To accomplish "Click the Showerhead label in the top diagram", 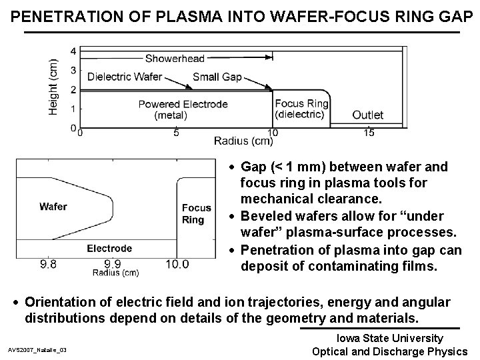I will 175,59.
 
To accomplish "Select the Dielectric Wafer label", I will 125,77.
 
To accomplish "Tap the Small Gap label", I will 217,77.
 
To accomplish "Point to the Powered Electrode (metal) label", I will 183,109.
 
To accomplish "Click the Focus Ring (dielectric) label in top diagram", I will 301,109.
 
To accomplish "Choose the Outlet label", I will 367,115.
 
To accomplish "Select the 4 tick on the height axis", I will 73,51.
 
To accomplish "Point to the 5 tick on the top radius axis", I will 176,133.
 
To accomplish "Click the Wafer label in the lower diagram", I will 53,206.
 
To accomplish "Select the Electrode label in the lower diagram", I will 109,249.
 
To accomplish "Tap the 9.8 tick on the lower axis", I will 47,264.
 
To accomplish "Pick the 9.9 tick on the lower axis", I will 112,264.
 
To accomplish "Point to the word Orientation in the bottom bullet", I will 63,303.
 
